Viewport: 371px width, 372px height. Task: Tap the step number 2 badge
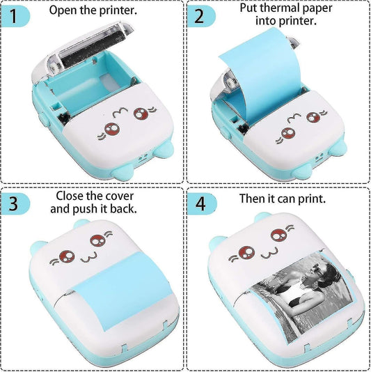[200, 15]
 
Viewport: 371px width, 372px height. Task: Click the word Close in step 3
[71, 196]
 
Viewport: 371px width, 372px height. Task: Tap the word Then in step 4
[253, 199]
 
